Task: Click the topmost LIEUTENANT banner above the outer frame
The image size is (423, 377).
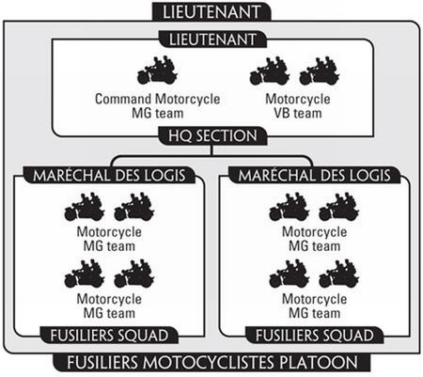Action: point(211,11)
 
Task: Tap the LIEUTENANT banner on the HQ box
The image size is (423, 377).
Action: point(212,39)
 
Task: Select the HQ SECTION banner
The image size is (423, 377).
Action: point(212,135)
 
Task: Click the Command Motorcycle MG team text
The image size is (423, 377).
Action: point(157,106)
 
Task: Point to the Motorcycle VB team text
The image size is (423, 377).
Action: point(298,106)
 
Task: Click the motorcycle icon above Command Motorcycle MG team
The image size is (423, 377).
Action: point(157,71)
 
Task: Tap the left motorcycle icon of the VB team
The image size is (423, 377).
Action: point(270,71)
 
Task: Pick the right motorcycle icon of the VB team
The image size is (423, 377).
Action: point(320,71)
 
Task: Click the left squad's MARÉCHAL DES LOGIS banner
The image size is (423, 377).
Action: point(109,175)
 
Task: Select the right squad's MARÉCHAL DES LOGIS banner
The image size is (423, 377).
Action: point(315,175)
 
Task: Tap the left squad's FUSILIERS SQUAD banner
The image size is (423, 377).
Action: point(109,336)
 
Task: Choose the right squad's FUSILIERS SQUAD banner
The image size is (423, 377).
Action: point(315,336)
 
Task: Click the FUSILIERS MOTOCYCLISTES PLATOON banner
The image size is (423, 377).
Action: point(212,363)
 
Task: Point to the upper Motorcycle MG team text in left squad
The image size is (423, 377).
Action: point(109,239)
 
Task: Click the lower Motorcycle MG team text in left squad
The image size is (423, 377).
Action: point(109,306)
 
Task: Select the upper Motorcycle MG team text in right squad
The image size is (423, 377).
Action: point(314,239)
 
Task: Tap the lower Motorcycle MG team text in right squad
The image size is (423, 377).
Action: point(314,306)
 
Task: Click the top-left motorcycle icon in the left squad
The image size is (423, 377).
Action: point(85,207)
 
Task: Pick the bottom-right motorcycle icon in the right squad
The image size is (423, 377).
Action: point(339,274)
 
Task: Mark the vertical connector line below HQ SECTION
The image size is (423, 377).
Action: point(212,150)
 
